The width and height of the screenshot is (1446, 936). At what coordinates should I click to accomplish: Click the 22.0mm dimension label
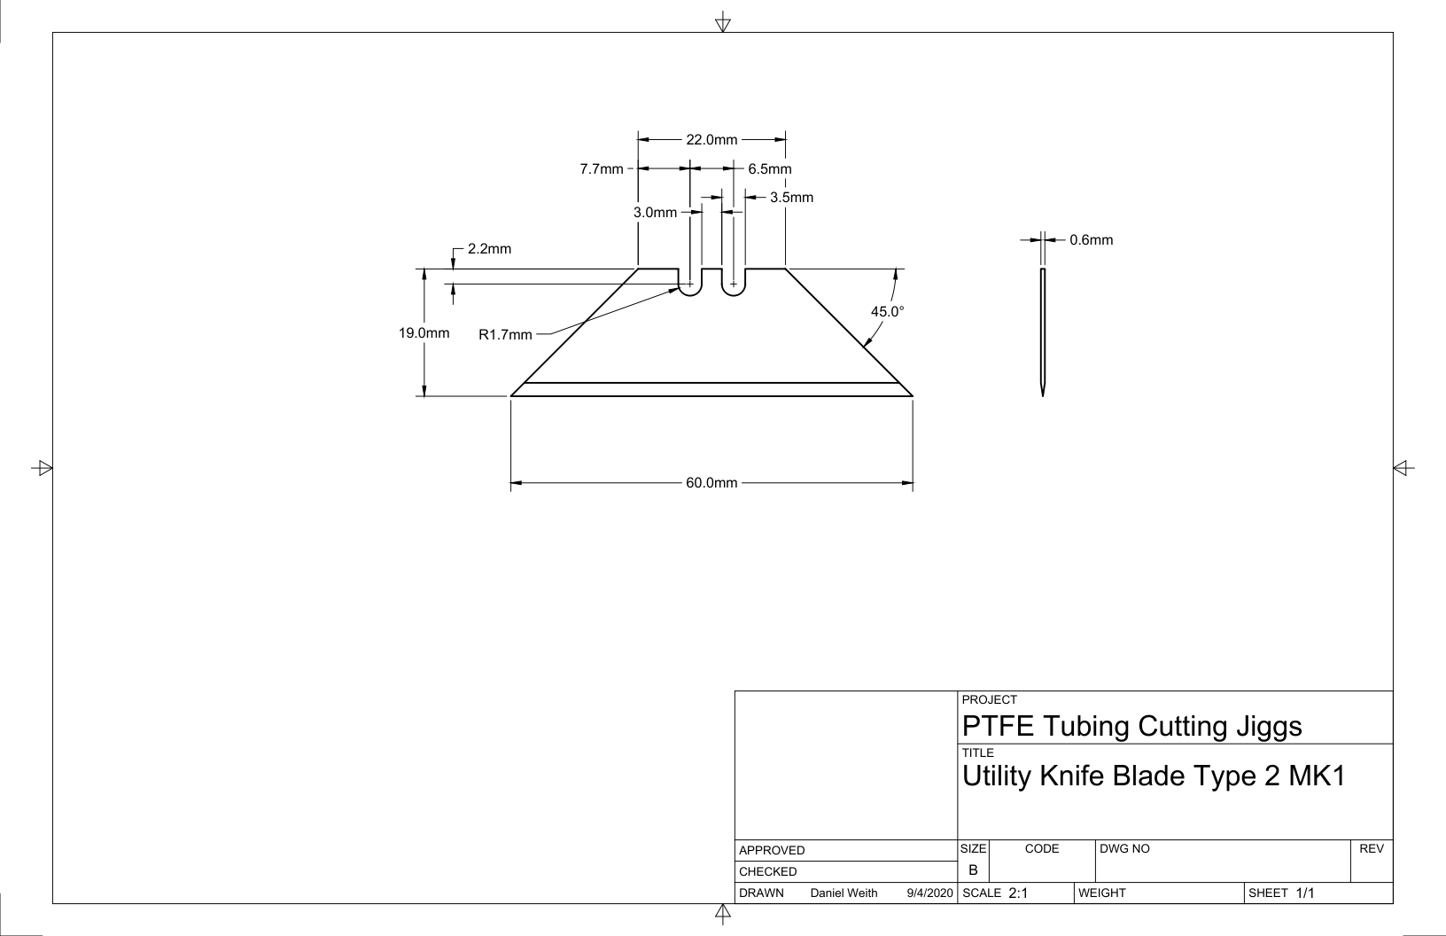[x=711, y=139]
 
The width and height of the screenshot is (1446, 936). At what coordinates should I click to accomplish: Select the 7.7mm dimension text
[x=602, y=169]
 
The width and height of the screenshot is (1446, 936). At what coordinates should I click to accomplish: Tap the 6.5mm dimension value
[x=769, y=169]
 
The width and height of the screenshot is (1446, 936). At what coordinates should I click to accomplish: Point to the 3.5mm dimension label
[x=791, y=198]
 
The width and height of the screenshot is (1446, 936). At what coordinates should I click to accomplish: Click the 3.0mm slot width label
[x=656, y=213]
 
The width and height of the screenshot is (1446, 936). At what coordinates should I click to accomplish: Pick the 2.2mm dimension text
[x=489, y=249]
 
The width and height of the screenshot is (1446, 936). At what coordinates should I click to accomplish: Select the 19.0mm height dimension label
[x=424, y=333]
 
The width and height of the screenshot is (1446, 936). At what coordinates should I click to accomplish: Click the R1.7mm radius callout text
[x=505, y=335]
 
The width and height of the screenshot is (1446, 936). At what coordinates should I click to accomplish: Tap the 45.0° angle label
[x=888, y=312]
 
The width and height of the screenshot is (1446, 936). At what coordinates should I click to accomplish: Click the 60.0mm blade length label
[x=711, y=483]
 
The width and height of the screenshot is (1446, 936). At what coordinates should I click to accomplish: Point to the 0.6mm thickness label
[x=1092, y=240]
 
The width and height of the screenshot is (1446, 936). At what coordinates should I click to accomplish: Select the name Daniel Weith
[x=843, y=893]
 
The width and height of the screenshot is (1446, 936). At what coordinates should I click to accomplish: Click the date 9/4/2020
[x=929, y=893]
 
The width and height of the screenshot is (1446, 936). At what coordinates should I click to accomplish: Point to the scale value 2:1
[x=1018, y=893]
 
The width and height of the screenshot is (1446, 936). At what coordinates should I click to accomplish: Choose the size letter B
[x=973, y=870]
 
